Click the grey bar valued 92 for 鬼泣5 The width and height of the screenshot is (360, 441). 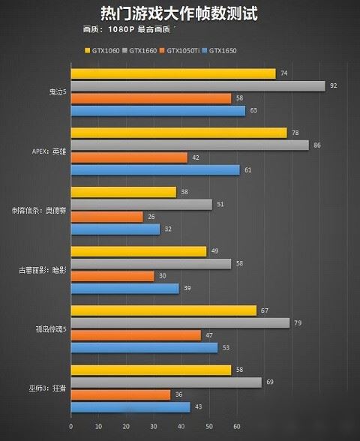197,85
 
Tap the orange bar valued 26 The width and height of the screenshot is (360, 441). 106,217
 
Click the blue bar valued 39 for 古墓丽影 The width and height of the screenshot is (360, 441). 124,289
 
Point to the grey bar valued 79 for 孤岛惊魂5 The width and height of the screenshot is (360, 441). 180,323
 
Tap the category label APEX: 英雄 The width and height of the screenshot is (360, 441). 49,151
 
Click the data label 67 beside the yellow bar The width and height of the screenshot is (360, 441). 264,310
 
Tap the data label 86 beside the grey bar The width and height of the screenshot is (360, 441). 316,145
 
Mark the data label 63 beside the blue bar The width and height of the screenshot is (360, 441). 253,111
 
